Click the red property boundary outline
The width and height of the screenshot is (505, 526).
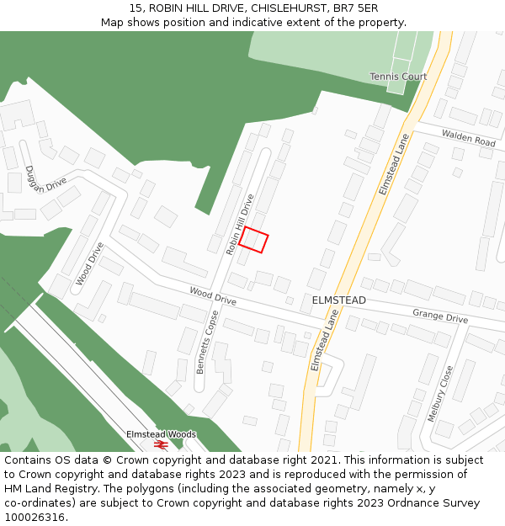[x=253, y=240]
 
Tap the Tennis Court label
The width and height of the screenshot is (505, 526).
[x=398, y=77]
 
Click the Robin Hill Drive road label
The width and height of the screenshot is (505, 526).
[x=240, y=225]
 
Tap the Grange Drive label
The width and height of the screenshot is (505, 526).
[x=439, y=316]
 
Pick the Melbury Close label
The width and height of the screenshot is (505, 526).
[x=440, y=393]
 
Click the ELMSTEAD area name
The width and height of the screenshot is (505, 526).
[x=339, y=300]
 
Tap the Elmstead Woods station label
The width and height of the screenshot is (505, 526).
[x=161, y=434]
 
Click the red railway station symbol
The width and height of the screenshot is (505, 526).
[x=161, y=444]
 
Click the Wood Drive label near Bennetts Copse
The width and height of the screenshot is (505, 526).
[x=213, y=295]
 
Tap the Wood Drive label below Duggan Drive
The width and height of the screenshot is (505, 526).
[x=90, y=264]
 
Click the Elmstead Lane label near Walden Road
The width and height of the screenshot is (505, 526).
[x=393, y=164]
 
